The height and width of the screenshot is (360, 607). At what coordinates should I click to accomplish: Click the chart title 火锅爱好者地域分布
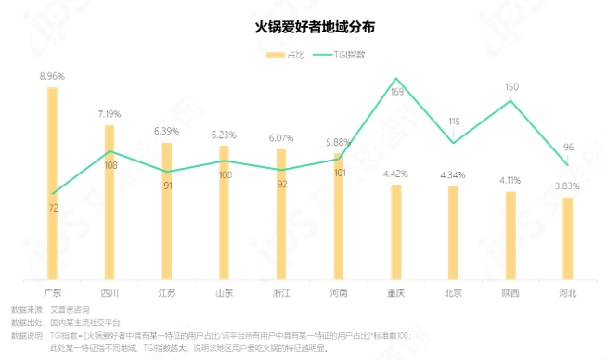click(303, 28)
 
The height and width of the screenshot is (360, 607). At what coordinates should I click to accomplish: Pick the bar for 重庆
click(396, 231)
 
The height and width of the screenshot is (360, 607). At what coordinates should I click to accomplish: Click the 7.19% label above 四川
click(110, 114)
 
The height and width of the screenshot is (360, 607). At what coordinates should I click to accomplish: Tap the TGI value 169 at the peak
click(396, 92)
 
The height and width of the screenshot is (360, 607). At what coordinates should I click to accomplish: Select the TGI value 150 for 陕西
click(511, 87)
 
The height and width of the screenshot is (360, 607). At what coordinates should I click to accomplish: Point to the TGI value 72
click(53, 208)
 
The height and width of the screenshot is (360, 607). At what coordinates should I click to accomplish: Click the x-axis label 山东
click(224, 293)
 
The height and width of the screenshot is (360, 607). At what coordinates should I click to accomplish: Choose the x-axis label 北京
click(453, 293)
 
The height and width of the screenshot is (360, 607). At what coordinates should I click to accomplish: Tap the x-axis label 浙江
click(281, 293)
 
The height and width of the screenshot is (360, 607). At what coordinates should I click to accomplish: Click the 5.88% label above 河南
click(339, 142)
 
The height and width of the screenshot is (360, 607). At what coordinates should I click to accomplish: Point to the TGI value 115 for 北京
click(454, 122)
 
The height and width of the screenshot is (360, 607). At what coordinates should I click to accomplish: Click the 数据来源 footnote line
click(50, 309)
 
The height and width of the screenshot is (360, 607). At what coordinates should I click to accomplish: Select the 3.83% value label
click(567, 186)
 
